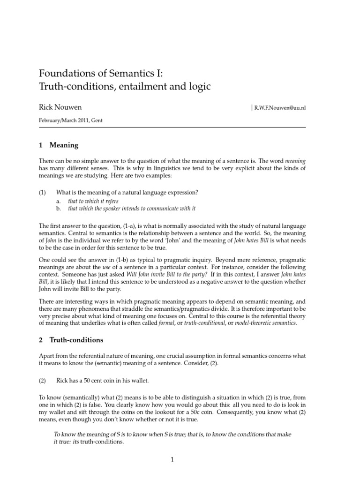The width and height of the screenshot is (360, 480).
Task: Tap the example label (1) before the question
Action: (43, 192)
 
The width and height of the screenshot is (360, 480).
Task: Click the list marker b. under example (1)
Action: (59, 208)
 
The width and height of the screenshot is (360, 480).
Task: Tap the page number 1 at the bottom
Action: (172, 460)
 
